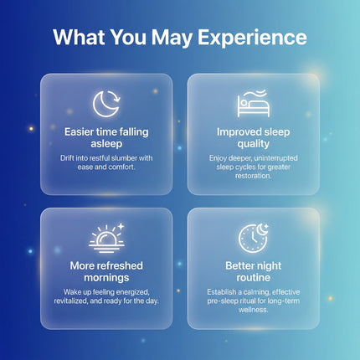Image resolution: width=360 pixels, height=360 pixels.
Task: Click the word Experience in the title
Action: pyautogui.click(x=252, y=38)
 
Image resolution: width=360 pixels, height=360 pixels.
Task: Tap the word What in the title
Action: pyautogui.click(x=79, y=37)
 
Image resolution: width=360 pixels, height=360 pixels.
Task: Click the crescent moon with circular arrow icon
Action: pyautogui.click(x=106, y=104)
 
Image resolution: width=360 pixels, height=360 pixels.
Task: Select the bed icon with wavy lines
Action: pyautogui.click(x=254, y=103)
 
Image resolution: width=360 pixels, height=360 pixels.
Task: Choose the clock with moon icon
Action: pyautogui.click(x=254, y=238)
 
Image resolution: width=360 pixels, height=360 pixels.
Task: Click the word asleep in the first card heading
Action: pyautogui.click(x=106, y=144)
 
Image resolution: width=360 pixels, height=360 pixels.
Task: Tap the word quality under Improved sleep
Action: pyautogui.click(x=254, y=144)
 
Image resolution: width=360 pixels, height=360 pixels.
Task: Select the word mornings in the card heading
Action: pyautogui.click(x=106, y=278)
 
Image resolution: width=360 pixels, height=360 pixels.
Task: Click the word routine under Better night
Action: pyautogui.click(x=254, y=278)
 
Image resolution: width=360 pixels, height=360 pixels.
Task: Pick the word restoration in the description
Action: pyautogui.click(x=254, y=176)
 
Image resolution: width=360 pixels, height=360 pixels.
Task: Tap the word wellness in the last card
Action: pyautogui.click(x=254, y=310)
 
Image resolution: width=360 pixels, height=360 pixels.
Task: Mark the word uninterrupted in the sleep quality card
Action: pyautogui.click(x=276, y=158)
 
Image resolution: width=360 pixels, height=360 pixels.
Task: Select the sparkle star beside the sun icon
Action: pyautogui.click(x=121, y=226)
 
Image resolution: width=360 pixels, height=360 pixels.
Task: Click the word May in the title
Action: pyautogui.click(x=172, y=39)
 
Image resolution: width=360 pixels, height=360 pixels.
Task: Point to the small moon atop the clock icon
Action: pyautogui.click(x=262, y=229)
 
